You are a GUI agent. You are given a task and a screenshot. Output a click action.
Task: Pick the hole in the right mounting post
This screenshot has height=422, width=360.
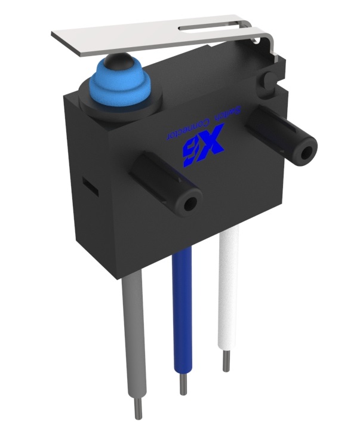[307, 151]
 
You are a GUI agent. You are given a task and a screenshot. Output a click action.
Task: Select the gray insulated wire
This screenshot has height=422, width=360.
[133, 334]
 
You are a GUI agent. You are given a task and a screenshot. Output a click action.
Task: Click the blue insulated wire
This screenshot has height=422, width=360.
[180, 316]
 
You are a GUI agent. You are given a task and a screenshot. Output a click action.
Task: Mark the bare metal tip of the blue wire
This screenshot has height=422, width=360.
[183, 384]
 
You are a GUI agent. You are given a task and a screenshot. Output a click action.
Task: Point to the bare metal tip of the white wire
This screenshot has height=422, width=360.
[226, 361]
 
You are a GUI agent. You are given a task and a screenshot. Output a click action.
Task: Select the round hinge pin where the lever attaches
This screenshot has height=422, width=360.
[267, 78]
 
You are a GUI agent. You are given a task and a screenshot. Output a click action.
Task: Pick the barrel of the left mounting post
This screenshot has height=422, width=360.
[161, 179]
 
